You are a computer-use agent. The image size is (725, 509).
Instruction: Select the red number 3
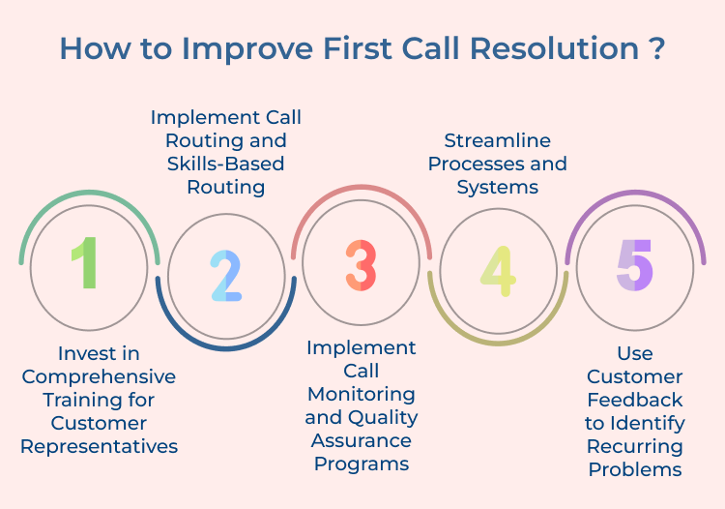[361, 263]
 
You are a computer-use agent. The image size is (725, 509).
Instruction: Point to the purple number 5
[635, 263]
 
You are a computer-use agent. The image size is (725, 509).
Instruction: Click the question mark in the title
[656, 48]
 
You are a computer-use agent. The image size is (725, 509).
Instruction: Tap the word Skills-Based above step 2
[225, 164]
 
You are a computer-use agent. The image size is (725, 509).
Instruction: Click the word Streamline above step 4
[497, 140]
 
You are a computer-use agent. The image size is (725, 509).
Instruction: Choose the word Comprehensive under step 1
[99, 376]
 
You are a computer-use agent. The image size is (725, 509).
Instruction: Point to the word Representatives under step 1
[99, 446]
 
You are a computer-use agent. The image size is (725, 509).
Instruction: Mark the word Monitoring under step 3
[361, 394]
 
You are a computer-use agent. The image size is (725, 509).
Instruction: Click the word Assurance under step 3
[361, 440]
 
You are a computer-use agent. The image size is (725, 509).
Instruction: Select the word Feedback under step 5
[635, 400]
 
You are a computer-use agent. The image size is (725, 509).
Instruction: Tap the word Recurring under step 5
[635, 446]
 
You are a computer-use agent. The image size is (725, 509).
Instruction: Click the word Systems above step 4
[497, 187]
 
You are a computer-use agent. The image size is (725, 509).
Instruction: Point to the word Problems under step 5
[635, 469]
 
